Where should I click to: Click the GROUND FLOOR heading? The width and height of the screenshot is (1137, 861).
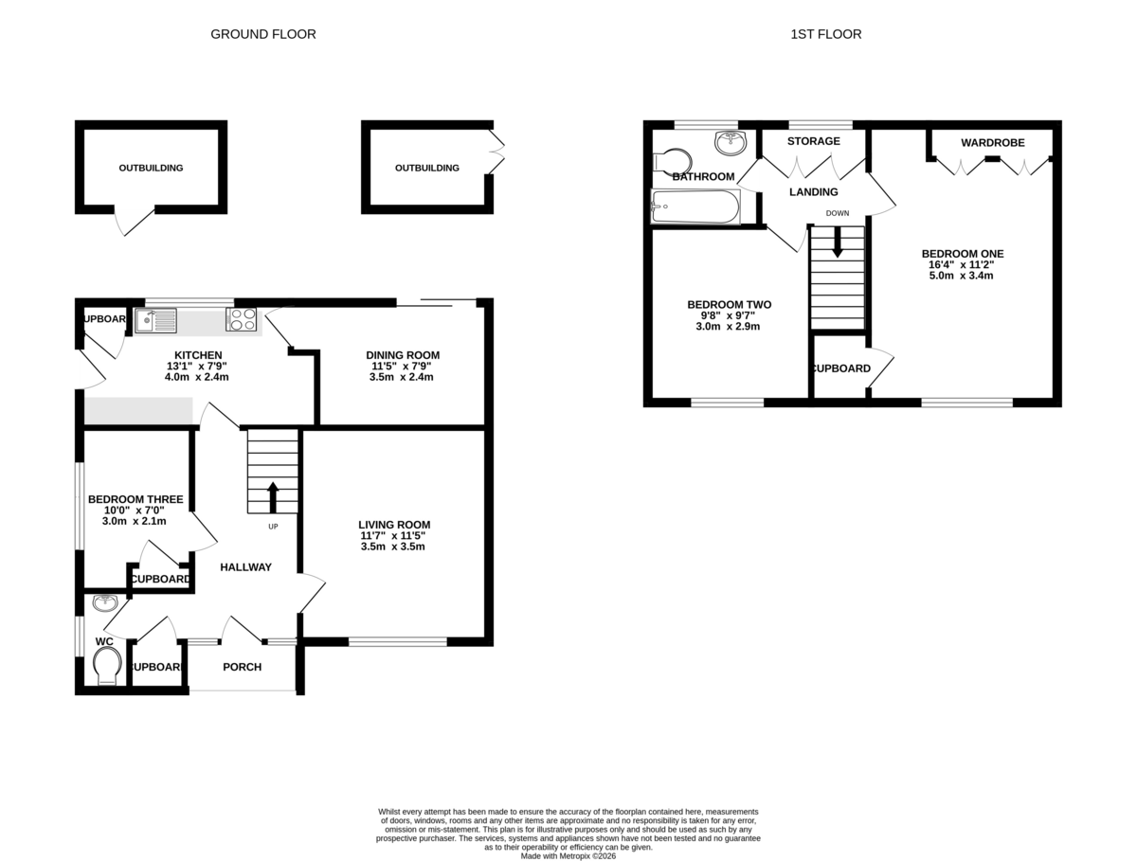[x=262, y=34]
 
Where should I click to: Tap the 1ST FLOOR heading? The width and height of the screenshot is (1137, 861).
[x=825, y=34]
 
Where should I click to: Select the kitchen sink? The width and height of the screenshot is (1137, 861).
[x=155, y=320]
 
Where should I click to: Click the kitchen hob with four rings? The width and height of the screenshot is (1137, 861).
[x=242, y=319]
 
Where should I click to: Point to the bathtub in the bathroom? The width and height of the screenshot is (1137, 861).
[x=695, y=206]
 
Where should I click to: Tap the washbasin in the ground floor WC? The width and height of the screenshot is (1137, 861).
[x=105, y=602]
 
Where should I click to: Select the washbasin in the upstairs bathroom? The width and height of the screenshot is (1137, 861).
[x=731, y=142]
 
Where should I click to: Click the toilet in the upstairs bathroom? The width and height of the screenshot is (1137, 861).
[x=672, y=162]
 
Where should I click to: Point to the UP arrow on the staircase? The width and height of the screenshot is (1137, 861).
[x=273, y=497]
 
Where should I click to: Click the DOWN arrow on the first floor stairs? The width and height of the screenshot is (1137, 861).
[x=837, y=242]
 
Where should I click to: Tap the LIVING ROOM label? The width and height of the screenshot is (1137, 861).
[x=394, y=525]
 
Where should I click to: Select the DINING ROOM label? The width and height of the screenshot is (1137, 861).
[x=403, y=355]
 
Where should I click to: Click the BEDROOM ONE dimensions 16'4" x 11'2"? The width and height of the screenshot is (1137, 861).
[x=961, y=264]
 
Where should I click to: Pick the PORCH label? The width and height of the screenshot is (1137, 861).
[x=242, y=667]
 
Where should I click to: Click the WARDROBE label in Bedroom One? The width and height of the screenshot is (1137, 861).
[x=992, y=143]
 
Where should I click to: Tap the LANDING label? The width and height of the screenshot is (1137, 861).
[x=813, y=192]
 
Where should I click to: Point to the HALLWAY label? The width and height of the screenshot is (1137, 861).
[x=245, y=567]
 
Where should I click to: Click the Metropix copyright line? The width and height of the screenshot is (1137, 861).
[x=568, y=856]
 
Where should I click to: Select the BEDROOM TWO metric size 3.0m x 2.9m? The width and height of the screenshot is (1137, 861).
[x=728, y=327]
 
